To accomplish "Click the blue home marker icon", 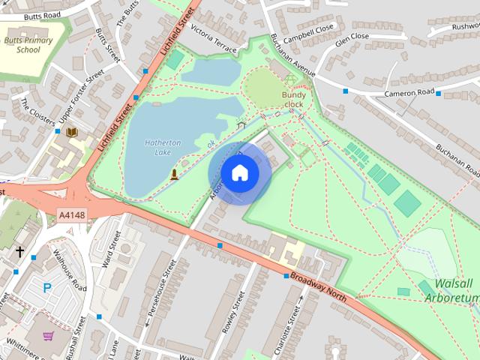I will pyautogui.click(x=239, y=173).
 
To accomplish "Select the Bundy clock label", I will pyautogui.click(x=294, y=100).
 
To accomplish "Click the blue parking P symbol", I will pyautogui.click(x=47, y=287).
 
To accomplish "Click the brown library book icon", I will pyautogui.click(x=72, y=133).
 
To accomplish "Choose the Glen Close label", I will pyautogui.click(x=352, y=36).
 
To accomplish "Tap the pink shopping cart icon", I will pyautogui.click(x=49, y=336).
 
